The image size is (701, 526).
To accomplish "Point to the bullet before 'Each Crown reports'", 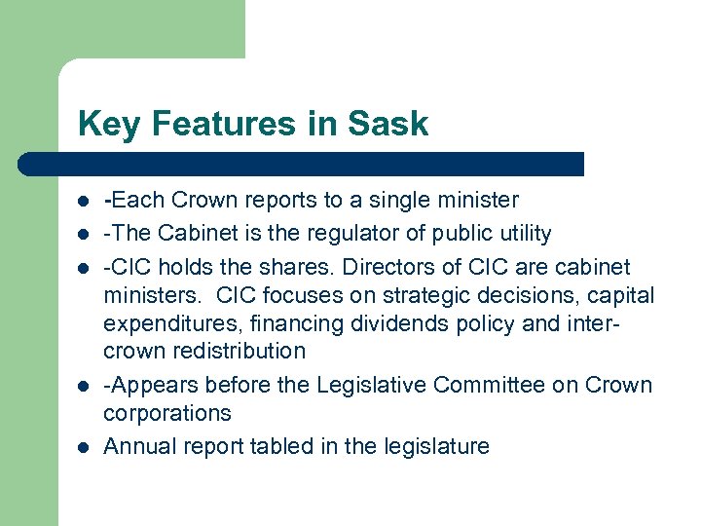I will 85,201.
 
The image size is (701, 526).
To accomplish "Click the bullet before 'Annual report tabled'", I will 85,447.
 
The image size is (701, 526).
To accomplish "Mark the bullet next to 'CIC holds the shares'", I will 85,268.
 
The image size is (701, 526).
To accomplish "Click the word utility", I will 522,234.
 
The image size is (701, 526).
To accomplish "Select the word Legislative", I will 370,385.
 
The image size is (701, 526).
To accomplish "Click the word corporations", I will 167,413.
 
